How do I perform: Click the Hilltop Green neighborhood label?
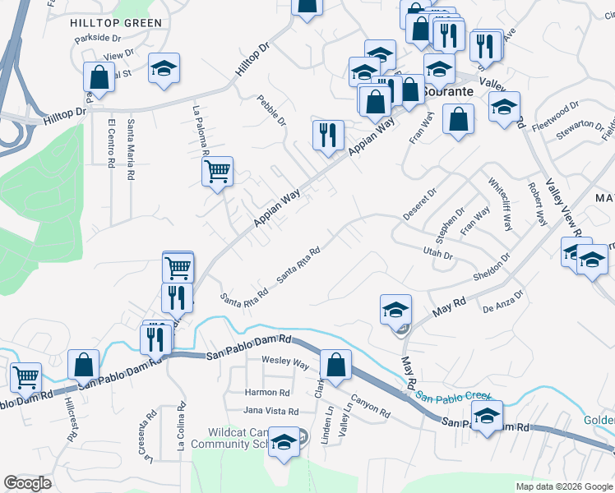[x=115, y=23]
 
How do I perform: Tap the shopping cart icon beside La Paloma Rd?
[x=218, y=173]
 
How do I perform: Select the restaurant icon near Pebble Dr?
[x=328, y=136]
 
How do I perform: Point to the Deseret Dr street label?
[x=419, y=205]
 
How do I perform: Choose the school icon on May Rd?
[x=395, y=310]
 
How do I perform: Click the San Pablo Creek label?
[x=452, y=397]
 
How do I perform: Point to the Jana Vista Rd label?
[x=271, y=410]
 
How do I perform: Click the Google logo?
[x=28, y=483]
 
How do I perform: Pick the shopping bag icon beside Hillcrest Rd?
[x=84, y=365]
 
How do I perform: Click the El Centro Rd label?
[x=111, y=144]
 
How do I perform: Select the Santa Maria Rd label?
[x=130, y=150]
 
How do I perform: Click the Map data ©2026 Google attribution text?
[x=563, y=486]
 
